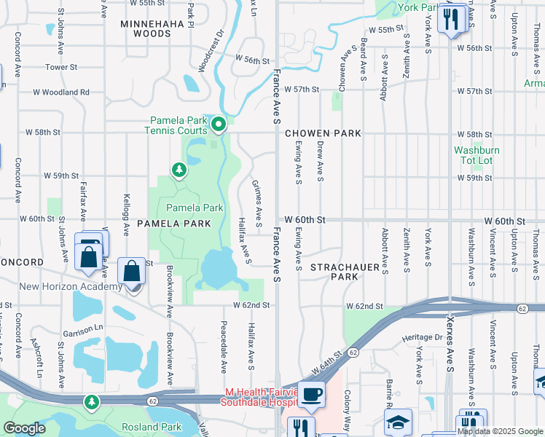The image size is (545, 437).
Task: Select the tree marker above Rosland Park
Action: pyautogui.click(x=92, y=401)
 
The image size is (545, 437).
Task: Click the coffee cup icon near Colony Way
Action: pyautogui.click(x=312, y=395)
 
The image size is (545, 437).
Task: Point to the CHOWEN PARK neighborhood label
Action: pyautogui.click(x=323, y=133)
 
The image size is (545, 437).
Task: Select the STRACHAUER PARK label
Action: pyautogui.click(x=345, y=272)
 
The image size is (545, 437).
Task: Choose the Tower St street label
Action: pyautogui.click(x=61, y=67)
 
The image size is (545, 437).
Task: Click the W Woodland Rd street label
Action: pyautogui.click(x=61, y=92)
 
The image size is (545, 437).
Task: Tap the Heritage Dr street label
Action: pyautogui.click(x=423, y=338)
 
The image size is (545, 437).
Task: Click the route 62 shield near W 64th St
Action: pyautogui.click(x=352, y=352)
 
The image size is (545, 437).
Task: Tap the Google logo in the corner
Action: pyautogui.click(x=25, y=428)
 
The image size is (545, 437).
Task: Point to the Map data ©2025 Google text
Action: pyautogui.click(x=499, y=431)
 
